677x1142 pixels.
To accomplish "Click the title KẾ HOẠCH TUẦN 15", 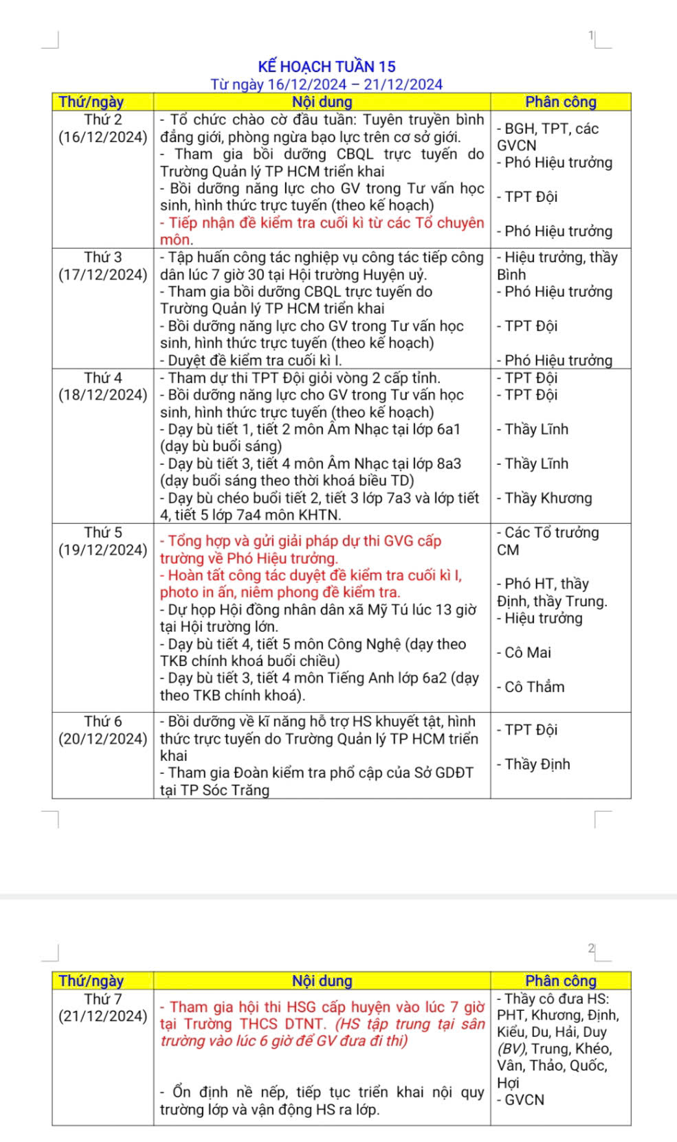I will (x=326, y=67).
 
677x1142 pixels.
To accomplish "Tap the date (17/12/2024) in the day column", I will (x=103, y=275).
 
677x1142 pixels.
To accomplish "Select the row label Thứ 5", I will (x=103, y=532).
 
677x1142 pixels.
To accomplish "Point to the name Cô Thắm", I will (x=534, y=687).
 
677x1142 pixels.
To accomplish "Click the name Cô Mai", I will (x=527, y=652).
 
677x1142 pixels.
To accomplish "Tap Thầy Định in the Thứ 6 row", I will (x=537, y=764).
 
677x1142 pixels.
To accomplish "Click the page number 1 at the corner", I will (x=591, y=35).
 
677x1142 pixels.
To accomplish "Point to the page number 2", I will (x=591, y=948).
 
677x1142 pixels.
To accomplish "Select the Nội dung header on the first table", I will (x=322, y=102).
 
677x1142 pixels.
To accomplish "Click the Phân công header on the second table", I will (x=561, y=981).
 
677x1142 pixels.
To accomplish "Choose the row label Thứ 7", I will (x=103, y=998).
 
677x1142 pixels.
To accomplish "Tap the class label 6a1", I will (x=448, y=430).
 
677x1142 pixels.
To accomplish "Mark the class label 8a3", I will (x=448, y=464).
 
